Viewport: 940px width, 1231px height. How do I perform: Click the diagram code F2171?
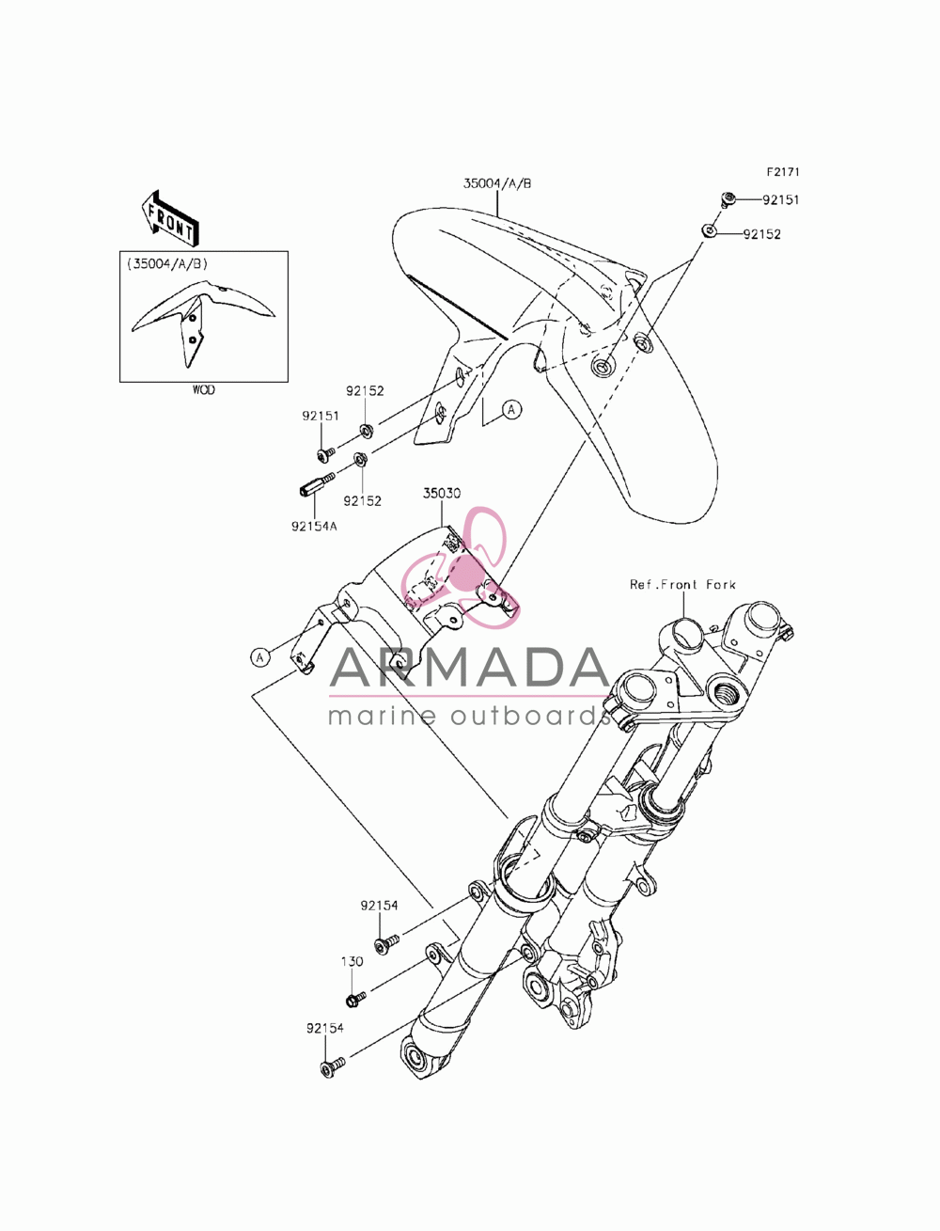(x=783, y=172)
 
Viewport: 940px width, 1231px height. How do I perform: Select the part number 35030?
(x=442, y=494)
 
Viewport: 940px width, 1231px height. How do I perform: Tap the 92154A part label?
(x=314, y=526)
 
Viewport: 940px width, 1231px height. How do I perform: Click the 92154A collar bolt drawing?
(x=316, y=483)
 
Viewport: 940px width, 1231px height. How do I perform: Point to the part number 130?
(x=352, y=961)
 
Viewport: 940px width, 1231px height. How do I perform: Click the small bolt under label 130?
(x=356, y=999)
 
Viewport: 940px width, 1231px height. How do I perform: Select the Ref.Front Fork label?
(x=682, y=584)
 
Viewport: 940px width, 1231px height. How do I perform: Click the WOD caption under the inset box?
(x=203, y=389)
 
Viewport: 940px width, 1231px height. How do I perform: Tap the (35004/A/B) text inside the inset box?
(x=167, y=264)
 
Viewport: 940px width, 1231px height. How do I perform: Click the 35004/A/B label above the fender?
(x=497, y=183)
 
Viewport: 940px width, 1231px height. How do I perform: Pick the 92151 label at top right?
(x=781, y=199)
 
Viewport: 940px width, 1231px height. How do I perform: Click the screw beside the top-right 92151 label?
(x=727, y=199)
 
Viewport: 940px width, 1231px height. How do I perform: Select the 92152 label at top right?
(x=761, y=234)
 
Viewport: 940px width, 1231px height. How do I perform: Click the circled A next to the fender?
(x=511, y=410)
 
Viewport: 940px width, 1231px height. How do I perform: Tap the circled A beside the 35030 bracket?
(x=259, y=656)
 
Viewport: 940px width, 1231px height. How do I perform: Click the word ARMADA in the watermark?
(x=469, y=667)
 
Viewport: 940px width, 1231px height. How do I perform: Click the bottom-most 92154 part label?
(x=325, y=1028)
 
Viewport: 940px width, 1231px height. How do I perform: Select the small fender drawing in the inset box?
(x=202, y=322)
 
